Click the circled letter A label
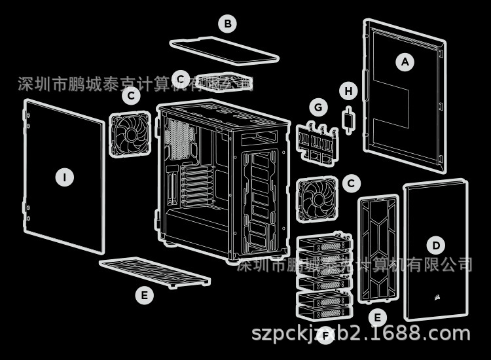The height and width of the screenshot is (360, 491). (x=405, y=62)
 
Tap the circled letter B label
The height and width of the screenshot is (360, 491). (x=227, y=24)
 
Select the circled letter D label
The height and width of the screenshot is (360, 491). (x=436, y=245)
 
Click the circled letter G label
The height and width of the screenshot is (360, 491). (x=319, y=106)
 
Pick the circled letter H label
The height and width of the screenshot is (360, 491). (x=349, y=91)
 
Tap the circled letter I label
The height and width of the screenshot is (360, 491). (x=64, y=177)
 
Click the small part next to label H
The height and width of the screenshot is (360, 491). (x=350, y=120)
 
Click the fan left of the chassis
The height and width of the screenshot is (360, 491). (x=131, y=135)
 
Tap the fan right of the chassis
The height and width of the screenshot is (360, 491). (x=317, y=198)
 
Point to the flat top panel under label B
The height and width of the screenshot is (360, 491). (x=223, y=51)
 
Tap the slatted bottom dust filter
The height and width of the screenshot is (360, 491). (x=155, y=272)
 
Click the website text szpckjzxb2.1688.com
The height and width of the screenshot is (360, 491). (x=361, y=333)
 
